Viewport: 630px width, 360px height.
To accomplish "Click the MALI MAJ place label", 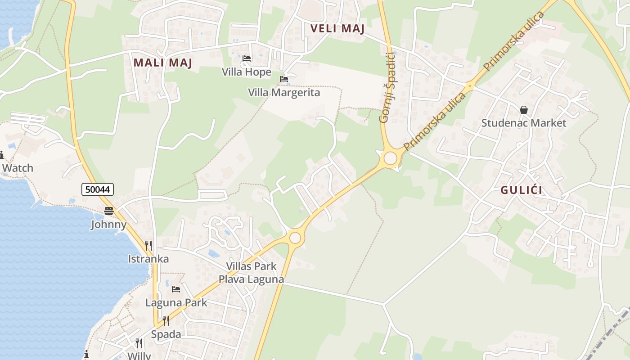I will click(x=163, y=63).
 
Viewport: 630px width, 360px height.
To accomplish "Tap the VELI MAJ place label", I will click(x=337, y=29).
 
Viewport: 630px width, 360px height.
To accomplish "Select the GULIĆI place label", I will click(x=522, y=190).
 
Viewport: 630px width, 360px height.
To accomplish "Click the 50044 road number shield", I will click(x=98, y=189).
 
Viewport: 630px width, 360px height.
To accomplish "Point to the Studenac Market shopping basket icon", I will click(x=524, y=110).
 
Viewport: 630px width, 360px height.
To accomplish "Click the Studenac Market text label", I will click(x=524, y=123).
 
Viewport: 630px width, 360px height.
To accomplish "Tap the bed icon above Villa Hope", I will click(x=247, y=58).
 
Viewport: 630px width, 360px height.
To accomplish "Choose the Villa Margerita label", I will click(x=284, y=93).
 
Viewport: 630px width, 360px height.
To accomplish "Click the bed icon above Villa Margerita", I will click(x=284, y=79).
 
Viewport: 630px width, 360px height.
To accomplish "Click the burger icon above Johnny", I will click(x=109, y=211).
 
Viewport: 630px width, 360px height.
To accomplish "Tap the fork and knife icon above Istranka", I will click(x=148, y=245).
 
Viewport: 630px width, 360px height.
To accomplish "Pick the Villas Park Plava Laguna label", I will click(x=251, y=273).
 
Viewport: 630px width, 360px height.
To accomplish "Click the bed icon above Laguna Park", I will click(x=176, y=289).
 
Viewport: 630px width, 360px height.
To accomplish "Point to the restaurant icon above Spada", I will click(x=166, y=320).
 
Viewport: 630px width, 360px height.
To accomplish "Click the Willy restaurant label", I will click(x=139, y=355).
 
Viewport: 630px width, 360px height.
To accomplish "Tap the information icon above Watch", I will click(x=2, y=155).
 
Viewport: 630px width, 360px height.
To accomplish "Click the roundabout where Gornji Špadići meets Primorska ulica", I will click(x=390, y=158).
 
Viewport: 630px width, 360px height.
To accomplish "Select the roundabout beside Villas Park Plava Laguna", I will click(x=295, y=238).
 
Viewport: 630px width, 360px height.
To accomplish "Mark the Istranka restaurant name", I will click(x=148, y=259).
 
